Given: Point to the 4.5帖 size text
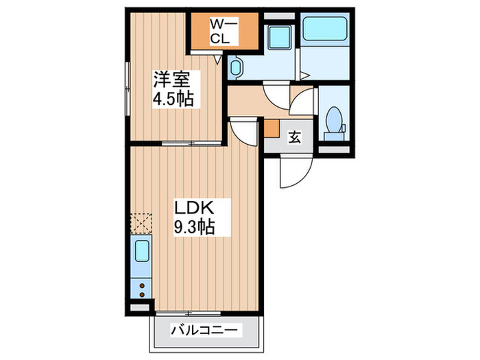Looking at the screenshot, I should point(173,97).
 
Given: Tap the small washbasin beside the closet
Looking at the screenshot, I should point(235,67).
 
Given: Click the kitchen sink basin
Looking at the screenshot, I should point(141,252).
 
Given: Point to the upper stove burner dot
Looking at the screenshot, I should point(142,284).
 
